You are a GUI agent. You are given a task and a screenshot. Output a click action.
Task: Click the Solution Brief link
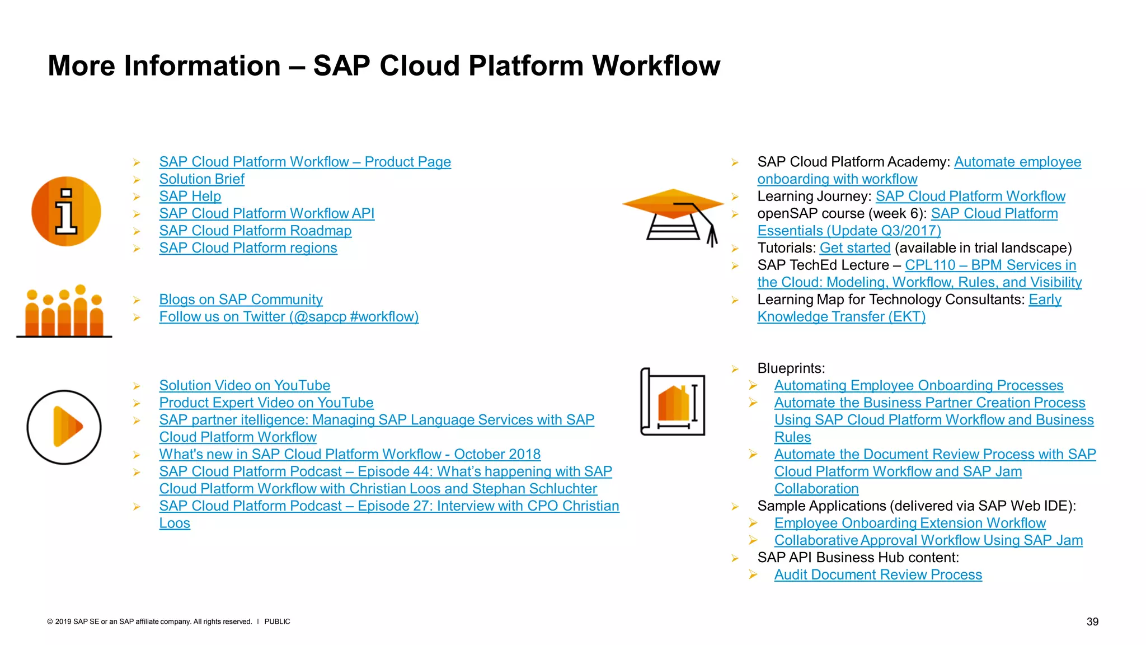coord(201,179)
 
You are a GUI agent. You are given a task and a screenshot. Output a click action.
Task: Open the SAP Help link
coord(190,197)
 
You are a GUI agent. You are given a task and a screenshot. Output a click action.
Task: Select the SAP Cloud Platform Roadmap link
coord(255,231)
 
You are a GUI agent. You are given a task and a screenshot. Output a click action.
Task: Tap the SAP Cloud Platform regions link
coord(248,248)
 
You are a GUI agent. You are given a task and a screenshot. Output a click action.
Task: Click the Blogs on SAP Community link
coord(241,300)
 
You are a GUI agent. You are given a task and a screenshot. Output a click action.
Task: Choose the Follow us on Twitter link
coord(289,317)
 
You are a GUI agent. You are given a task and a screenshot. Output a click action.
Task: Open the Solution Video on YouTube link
coord(245,386)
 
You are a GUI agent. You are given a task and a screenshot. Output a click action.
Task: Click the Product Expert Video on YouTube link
coord(266,403)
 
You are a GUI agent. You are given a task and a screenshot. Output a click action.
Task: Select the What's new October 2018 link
coord(350,455)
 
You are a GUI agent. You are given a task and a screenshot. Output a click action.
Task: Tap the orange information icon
coord(66,212)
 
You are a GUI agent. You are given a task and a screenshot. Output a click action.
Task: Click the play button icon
coord(64,427)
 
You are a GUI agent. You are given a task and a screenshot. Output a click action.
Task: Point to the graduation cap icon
coord(674,216)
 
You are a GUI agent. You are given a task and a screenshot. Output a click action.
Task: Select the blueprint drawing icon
coord(673,402)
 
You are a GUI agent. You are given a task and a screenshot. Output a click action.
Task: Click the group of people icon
coord(64,312)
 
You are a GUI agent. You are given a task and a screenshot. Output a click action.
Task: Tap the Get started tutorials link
coord(854,248)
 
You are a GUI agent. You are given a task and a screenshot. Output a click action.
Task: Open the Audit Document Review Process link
coord(878,575)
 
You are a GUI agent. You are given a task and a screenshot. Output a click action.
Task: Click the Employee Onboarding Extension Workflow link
coord(910,524)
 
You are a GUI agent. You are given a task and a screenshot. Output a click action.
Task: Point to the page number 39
coord(1092,621)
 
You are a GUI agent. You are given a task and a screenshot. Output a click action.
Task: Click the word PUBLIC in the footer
coord(277,621)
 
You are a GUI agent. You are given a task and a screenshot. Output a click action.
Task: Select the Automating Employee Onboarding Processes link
coord(918,386)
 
